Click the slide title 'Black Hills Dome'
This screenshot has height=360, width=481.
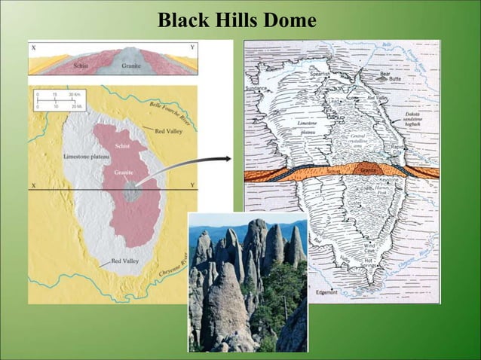pyautogui.click(x=237, y=21)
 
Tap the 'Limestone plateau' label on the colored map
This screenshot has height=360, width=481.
pyautogui.click(x=86, y=155)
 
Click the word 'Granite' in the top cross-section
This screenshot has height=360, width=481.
pyautogui.click(x=131, y=66)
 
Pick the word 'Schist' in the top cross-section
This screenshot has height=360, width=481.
pyautogui.click(x=81, y=66)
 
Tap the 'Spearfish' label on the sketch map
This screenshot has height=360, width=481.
pyautogui.click(x=319, y=75)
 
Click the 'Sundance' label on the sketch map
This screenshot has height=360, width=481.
pyautogui.click(x=255, y=88)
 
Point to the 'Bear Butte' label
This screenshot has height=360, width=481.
pyautogui.click(x=391, y=77)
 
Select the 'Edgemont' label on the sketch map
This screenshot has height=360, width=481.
pyautogui.click(x=327, y=291)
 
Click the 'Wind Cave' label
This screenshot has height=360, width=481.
pyautogui.click(x=369, y=249)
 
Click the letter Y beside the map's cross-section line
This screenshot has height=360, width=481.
pyautogui.click(x=193, y=185)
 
